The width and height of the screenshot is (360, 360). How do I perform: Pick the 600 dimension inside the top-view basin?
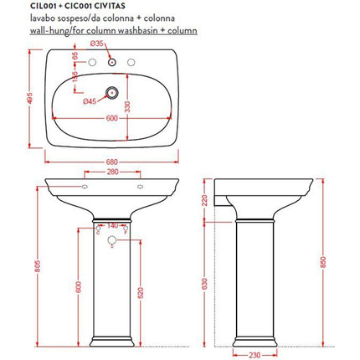click(x=111, y=117)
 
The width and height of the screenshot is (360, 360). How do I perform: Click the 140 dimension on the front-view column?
click(x=112, y=226)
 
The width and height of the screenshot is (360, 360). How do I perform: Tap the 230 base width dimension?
click(x=255, y=353)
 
